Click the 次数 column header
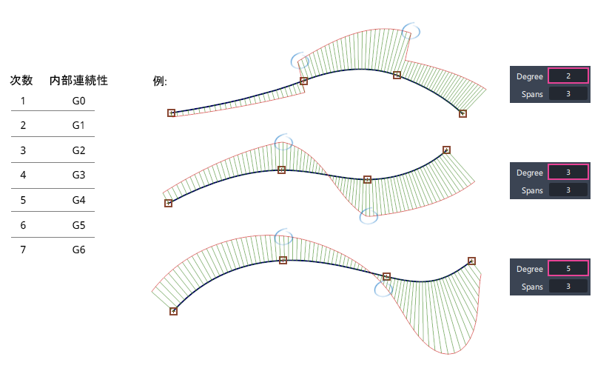click(x=21, y=80)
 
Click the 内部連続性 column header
click(x=78, y=80)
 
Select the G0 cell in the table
click(x=78, y=101)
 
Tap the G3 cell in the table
click(x=78, y=175)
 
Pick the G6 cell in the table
click(x=78, y=250)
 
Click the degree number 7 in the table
click(x=23, y=250)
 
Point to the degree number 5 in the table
click(x=23, y=200)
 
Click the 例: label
click(x=160, y=81)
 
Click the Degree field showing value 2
click(x=568, y=76)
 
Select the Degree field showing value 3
click(x=568, y=173)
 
